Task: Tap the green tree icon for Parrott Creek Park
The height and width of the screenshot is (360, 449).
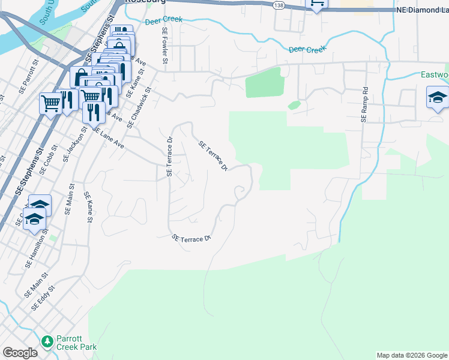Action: point(47,341)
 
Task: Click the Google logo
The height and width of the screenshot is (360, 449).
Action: point(20,352)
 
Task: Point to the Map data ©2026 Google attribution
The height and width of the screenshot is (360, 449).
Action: point(411,355)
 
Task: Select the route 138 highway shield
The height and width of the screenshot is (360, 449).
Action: point(278,5)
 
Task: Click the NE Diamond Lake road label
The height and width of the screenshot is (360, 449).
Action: point(422,10)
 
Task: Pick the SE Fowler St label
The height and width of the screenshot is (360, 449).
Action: point(164,47)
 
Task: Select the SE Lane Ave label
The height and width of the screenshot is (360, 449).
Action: point(108,139)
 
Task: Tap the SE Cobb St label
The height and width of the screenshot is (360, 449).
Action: point(47,159)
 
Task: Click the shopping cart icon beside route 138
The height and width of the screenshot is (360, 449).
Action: point(316,4)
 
